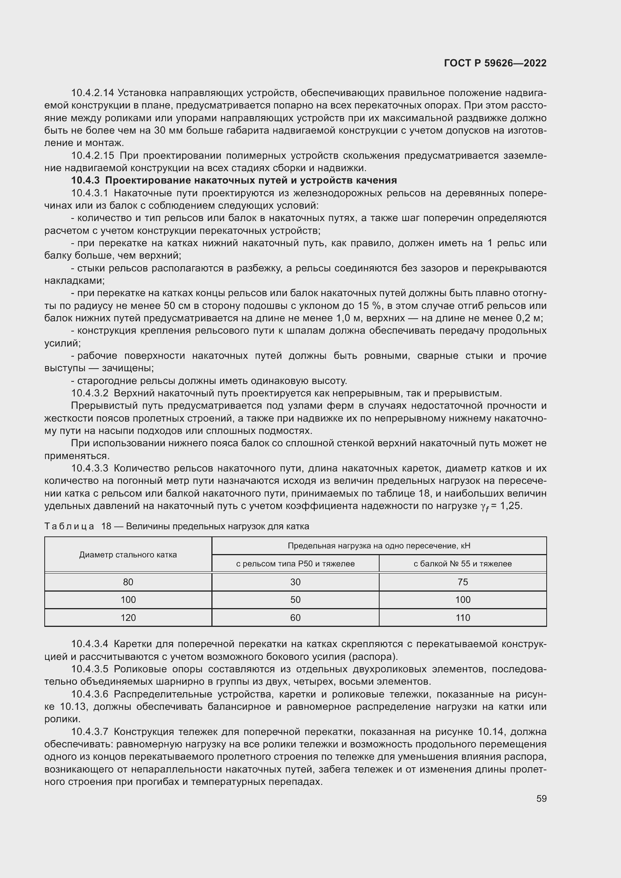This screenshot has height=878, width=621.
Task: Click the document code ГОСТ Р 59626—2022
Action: click(495, 63)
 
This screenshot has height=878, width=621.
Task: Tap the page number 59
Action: click(541, 798)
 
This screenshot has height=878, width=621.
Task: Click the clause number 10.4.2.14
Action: click(92, 93)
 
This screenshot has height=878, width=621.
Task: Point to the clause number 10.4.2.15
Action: click(92, 156)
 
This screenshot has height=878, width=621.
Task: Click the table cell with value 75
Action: click(462, 582)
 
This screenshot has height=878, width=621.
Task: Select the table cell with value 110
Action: click(462, 617)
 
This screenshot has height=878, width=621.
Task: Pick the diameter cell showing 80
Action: click(128, 582)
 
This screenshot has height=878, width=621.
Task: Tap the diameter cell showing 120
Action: click(128, 617)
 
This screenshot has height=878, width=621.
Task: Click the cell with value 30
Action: click(295, 582)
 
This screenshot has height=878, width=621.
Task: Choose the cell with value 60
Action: click(295, 617)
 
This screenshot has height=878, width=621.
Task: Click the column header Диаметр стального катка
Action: click(128, 555)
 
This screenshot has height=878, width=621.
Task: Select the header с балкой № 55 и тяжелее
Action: click(462, 564)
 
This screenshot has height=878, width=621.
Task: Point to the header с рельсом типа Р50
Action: click(295, 564)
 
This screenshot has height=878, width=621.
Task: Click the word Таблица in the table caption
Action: click(69, 526)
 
